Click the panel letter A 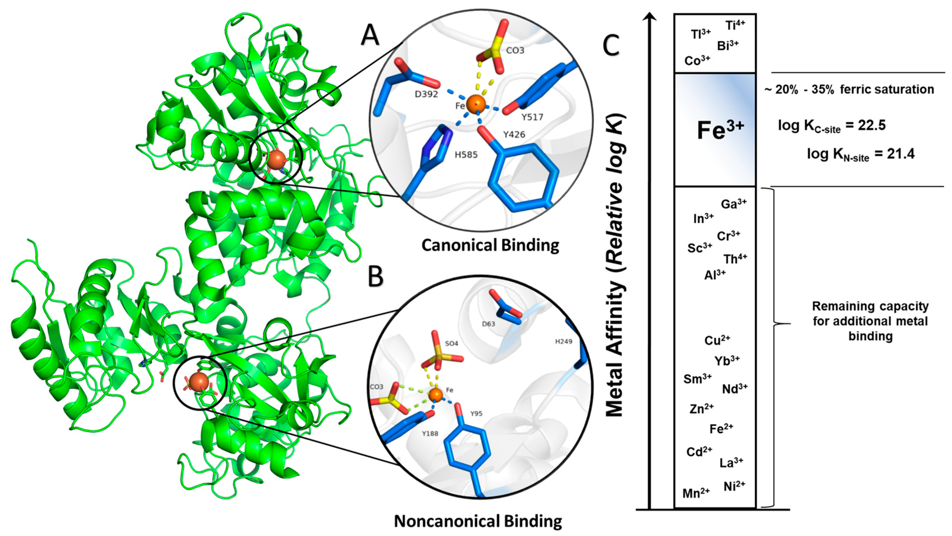(370, 36)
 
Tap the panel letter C (611, 46)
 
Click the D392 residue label (426, 94)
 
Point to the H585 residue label (466, 155)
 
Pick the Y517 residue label (532, 117)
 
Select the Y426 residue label (514, 135)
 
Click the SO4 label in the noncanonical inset (452, 344)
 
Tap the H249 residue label (563, 342)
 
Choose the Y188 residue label (430, 433)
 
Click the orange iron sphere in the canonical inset (476, 104)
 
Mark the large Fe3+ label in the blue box (720, 130)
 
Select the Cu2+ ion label (717, 340)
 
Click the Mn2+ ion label (696, 493)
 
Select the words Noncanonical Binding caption (478, 521)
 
